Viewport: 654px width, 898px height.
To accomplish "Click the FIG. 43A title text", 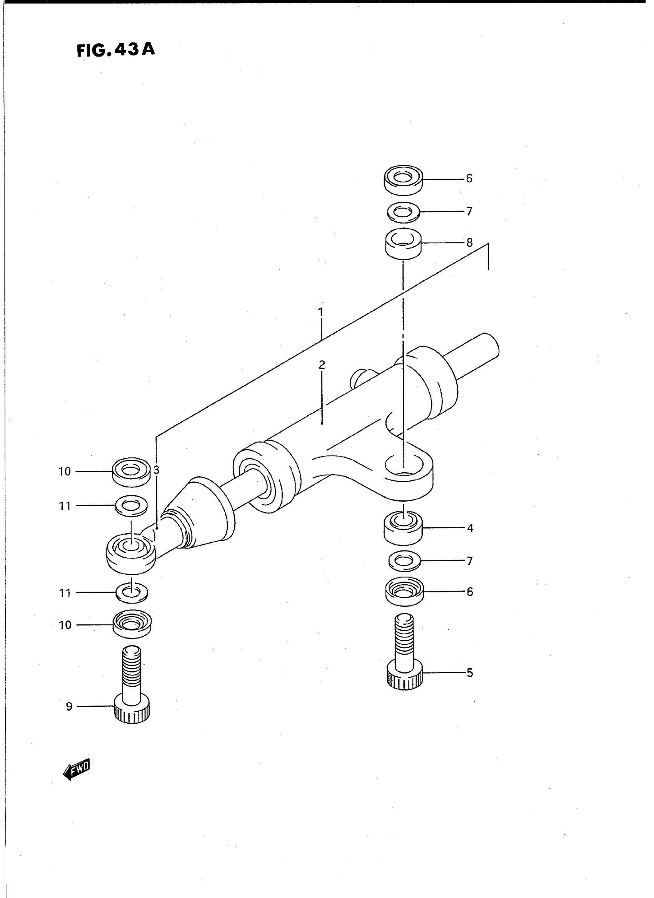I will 115,50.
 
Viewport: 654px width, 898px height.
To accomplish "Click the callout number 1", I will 321,312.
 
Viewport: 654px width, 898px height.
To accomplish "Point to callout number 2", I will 322,365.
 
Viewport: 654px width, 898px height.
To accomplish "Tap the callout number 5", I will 470,672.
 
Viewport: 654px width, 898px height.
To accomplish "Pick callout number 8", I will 469,242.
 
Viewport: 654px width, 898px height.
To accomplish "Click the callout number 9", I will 69,706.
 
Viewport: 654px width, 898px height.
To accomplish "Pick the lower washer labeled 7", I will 404,561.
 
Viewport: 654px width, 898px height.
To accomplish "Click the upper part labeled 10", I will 131,472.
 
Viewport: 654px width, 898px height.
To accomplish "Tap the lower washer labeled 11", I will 132,593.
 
